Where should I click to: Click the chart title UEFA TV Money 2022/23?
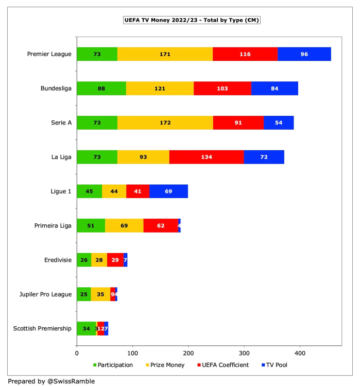tap(192, 20)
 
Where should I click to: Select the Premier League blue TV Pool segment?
tap(304, 54)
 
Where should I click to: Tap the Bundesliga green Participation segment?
tap(101, 89)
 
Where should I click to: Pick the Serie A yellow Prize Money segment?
tap(165, 122)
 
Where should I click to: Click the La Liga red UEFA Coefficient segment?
tap(206, 157)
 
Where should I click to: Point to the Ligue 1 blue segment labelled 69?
tap(168, 191)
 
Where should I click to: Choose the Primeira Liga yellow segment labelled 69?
tap(124, 225)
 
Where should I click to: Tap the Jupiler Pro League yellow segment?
tap(100, 294)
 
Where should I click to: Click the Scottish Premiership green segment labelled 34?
tap(86, 328)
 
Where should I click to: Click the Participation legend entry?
tap(112, 365)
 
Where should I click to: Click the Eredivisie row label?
tap(57, 260)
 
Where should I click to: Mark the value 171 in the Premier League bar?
tap(165, 54)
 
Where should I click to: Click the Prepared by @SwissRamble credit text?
tap(51, 381)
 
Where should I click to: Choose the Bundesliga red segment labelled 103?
tap(222, 89)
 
